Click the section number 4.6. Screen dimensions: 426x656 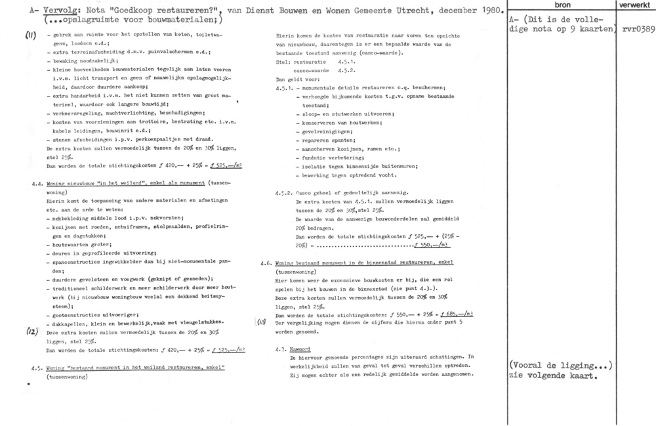[266, 262]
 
